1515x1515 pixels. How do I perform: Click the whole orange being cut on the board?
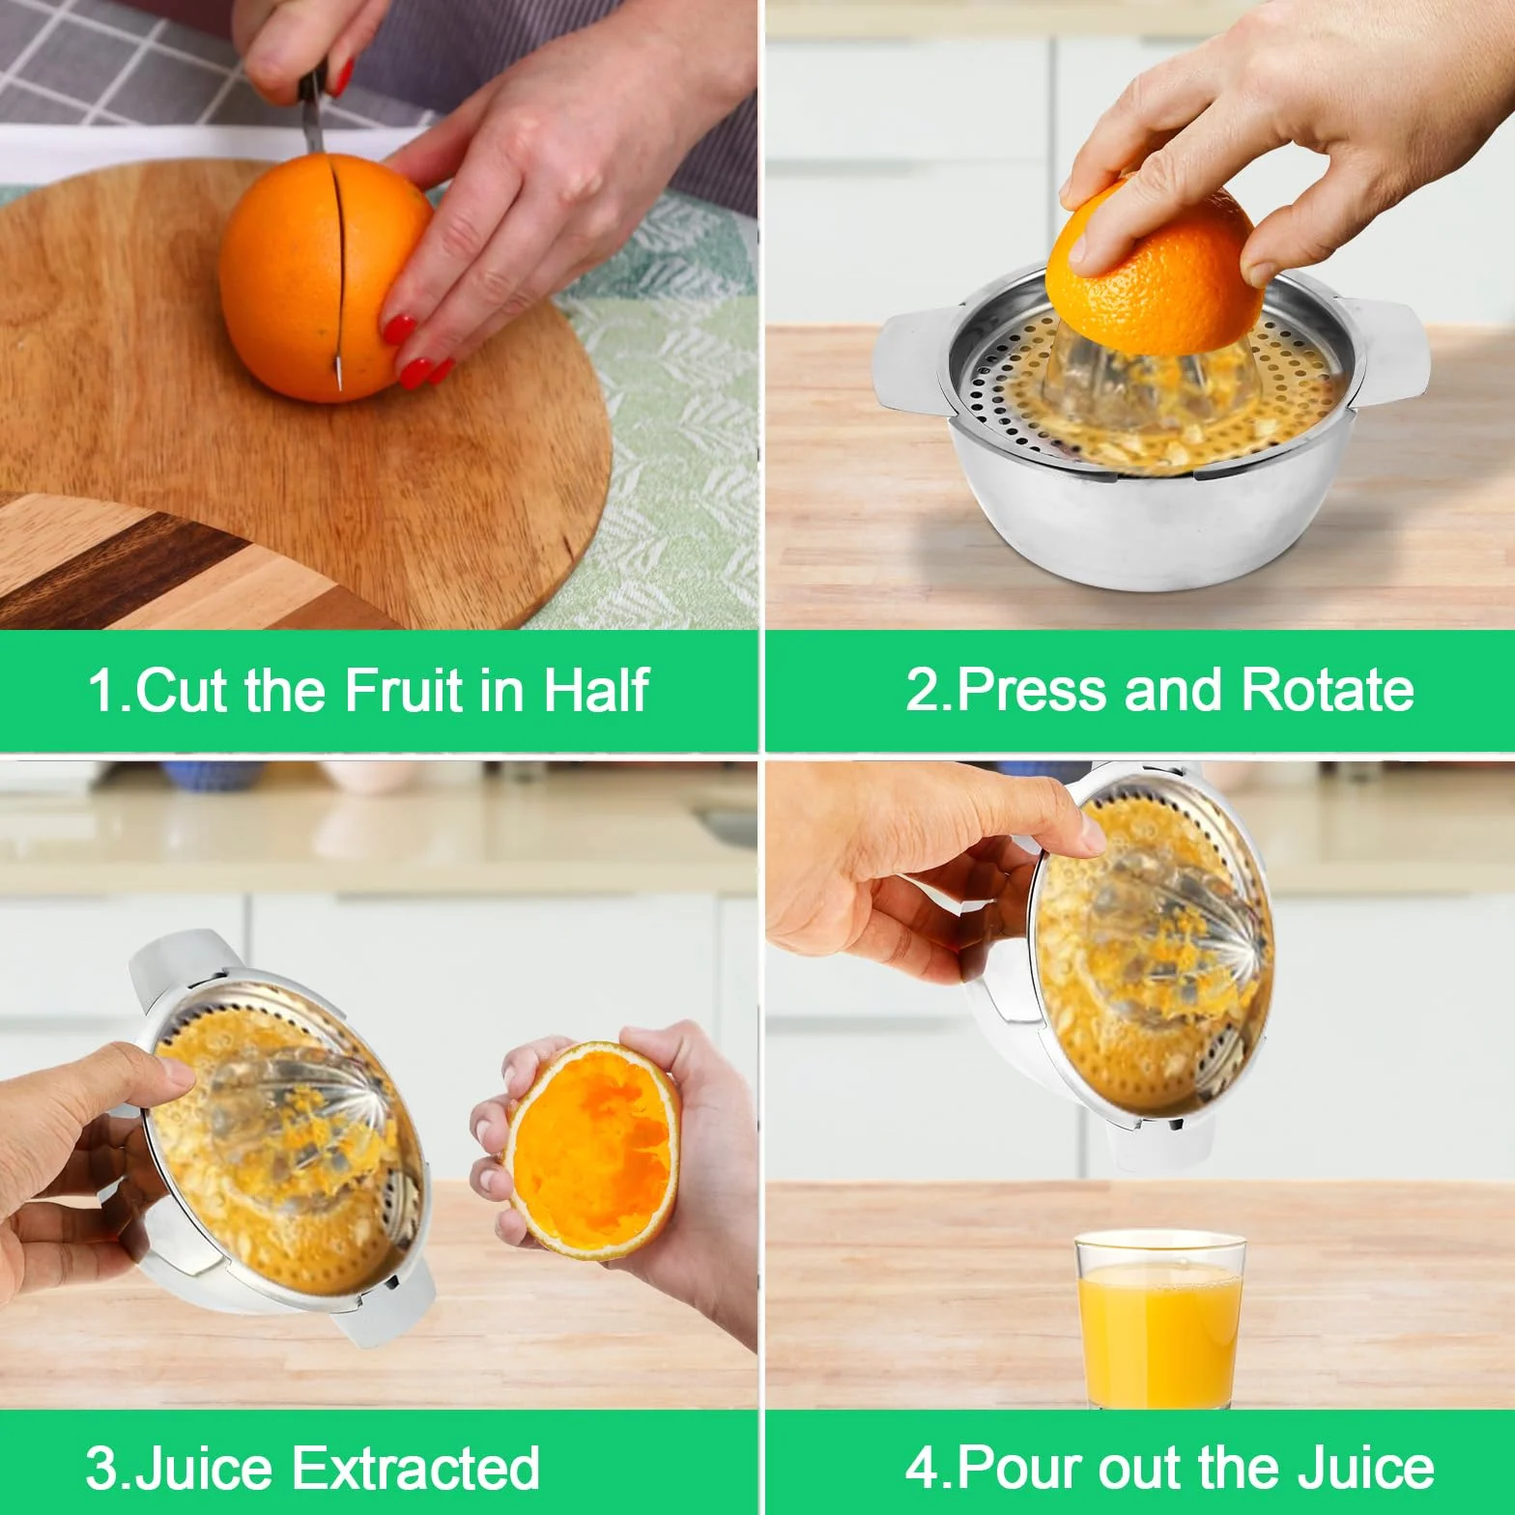pyautogui.click(x=326, y=278)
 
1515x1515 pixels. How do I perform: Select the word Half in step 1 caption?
pyautogui.click(x=596, y=690)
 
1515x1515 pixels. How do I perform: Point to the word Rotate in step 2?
pyautogui.click(x=1327, y=690)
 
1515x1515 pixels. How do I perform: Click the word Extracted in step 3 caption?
pyautogui.click(x=415, y=1468)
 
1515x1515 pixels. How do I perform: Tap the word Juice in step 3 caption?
pyautogui.click(x=207, y=1468)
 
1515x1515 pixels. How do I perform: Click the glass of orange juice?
pyautogui.click(x=1158, y=1318)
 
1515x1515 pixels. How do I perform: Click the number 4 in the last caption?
pyautogui.click(x=922, y=1468)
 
